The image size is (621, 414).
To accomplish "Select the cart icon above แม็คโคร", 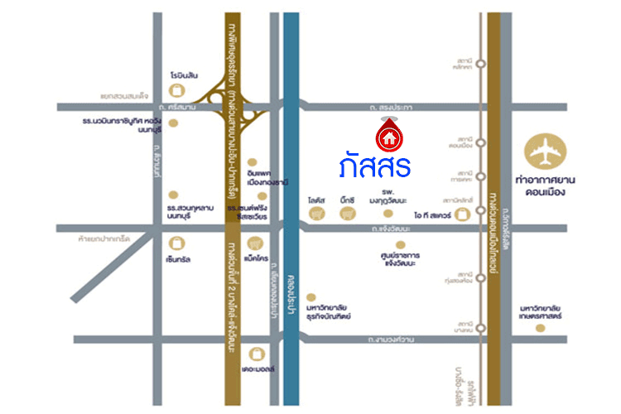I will click(x=256, y=243).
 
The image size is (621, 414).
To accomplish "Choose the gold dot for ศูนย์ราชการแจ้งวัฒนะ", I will click(x=402, y=245).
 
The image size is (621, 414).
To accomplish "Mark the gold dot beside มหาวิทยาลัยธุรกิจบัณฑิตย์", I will click(x=309, y=295).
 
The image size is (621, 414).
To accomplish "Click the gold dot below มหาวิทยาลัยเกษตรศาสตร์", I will click(x=540, y=328).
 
